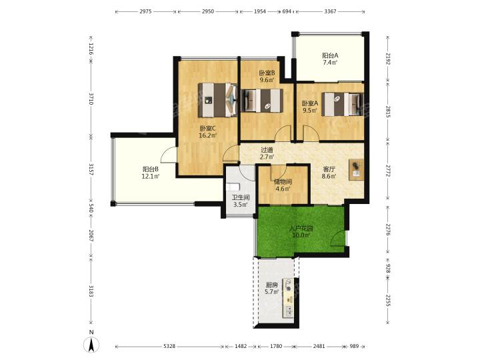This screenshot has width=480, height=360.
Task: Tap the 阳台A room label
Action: (330, 56)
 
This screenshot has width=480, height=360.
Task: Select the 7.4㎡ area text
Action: (330, 63)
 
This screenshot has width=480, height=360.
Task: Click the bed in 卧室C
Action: (217, 100)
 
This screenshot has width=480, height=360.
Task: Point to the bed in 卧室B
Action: (262, 100)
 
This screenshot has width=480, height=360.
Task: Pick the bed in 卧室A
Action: (343, 104)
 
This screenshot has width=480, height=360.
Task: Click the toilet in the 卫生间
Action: (232, 187)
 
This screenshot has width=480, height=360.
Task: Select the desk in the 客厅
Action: (356, 169)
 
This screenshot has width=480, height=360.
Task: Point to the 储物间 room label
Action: (283, 182)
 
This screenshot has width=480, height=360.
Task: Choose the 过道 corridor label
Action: (267, 150)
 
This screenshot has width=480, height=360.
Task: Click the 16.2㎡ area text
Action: (208, 135)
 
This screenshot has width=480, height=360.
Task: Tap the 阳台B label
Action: (150, 169)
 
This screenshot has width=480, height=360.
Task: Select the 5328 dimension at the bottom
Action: (169, 346)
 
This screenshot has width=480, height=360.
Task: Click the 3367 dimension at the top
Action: (330, 11)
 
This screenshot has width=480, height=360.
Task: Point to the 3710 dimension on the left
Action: (91, 99)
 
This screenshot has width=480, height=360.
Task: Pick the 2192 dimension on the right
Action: (388, 59)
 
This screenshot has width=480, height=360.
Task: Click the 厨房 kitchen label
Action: (272, 285)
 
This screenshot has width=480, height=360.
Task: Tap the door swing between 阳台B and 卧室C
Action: (168, 153)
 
